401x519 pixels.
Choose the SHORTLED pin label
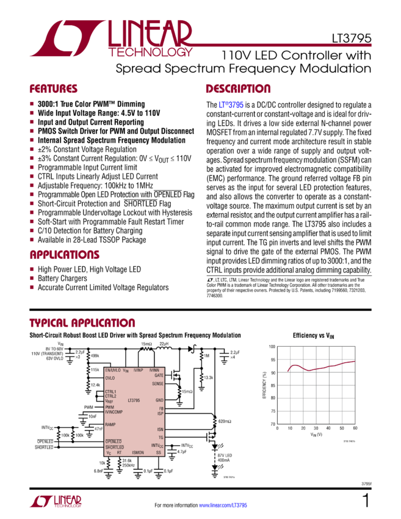[x=114, y=446]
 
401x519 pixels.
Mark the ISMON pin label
[x=138, y=452]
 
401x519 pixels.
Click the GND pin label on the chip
[x=159, y=400]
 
